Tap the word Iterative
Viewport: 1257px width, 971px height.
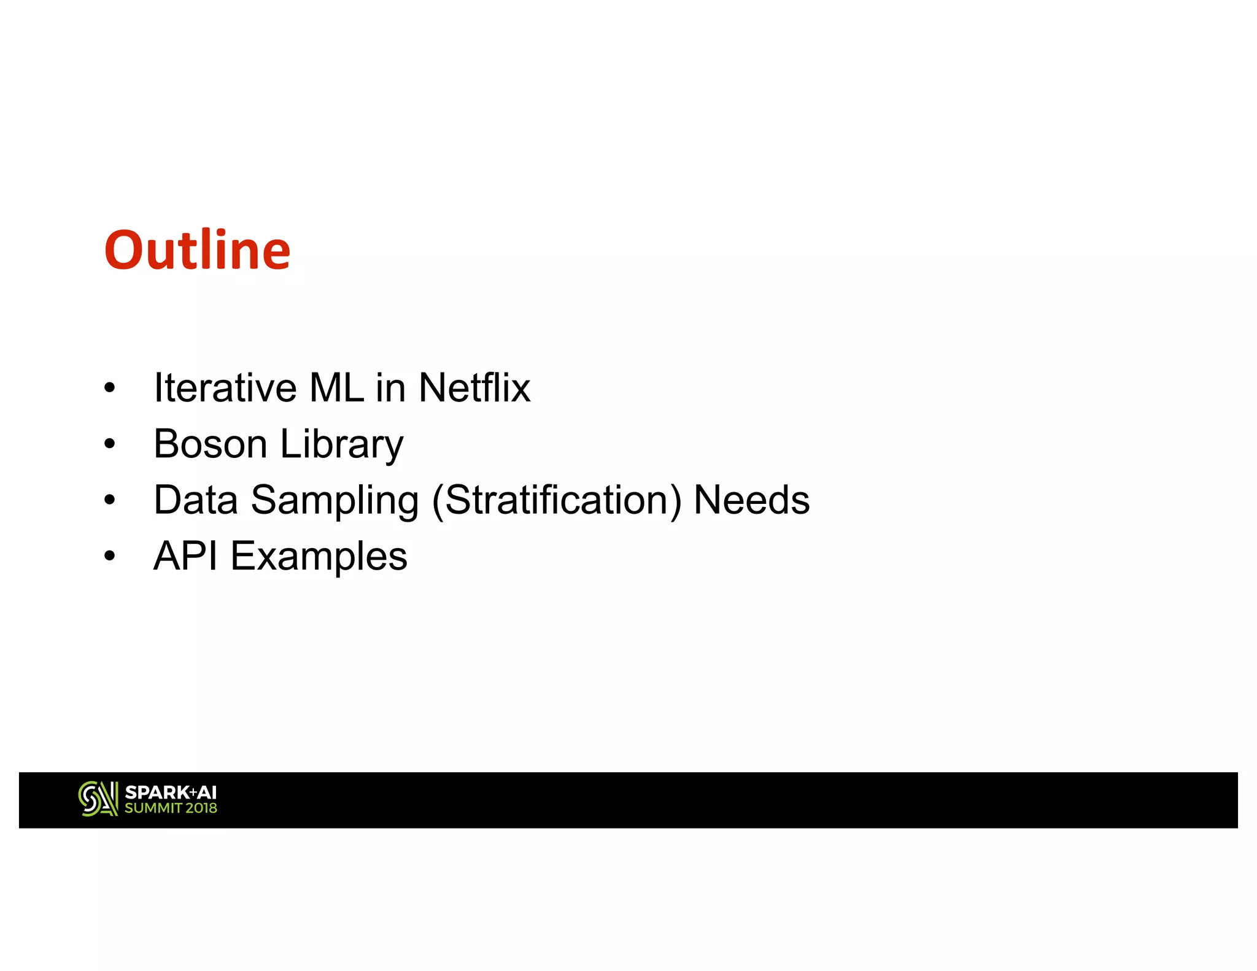click(225, 388)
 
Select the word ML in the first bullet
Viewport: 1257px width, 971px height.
click(336, 388)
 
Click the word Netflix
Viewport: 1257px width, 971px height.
click(474, 388)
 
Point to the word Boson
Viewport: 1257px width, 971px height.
click(210, 444)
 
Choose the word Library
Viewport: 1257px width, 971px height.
click(342, 445)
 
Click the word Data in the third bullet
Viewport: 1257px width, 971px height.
click(195, 500)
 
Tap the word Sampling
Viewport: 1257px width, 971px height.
click(335, 501)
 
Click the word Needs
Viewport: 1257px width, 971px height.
click(751, 500)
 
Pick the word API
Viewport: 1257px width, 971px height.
click(185, 556)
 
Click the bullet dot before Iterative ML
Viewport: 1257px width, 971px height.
click(110, 388)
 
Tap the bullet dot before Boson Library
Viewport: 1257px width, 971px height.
click(110, 444)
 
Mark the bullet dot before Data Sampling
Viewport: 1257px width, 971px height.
click(110, 500)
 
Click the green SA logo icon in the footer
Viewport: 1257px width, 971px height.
click(98, 799)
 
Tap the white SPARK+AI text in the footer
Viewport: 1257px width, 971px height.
click(171, 792)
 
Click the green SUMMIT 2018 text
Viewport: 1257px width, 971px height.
click(171, 808)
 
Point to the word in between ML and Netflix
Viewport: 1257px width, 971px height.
click(390, 388)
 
